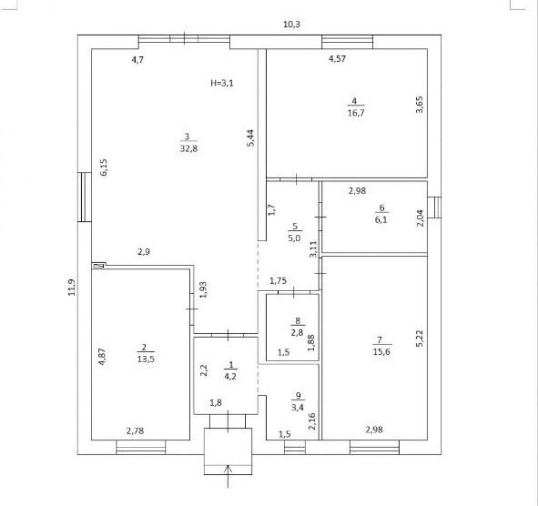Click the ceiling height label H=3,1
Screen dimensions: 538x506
pos(222,83)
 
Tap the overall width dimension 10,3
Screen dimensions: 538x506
pos(292,24)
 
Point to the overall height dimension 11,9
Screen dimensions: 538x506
pos(72,287)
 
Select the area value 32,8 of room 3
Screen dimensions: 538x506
pos(189,149)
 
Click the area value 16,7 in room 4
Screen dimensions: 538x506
pos(356,113)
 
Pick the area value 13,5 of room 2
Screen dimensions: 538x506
pos(146,359)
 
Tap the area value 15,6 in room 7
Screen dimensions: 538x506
pos(381,352)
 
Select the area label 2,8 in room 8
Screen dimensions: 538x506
pos(297,332)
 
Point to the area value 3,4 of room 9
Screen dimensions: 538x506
pos(297,407)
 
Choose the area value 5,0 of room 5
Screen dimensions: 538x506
pos(294,237)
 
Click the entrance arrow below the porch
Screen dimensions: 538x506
pos(228,476)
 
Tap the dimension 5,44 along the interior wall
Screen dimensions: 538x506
pos(251,138)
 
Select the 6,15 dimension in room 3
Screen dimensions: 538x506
pos(104,167)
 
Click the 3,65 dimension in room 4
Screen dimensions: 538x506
pos(420,105)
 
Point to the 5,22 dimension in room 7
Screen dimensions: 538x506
pos(420,338)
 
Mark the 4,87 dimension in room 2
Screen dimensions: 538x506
pos(102,357)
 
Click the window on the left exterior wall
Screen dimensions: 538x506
pos(84,197)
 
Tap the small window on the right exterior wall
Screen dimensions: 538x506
pos(434,207)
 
